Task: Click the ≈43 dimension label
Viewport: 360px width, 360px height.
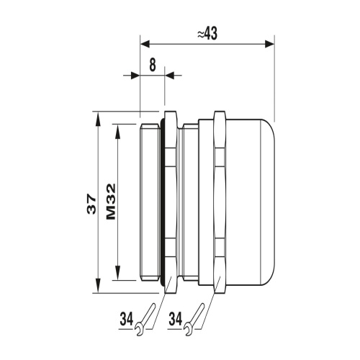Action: [207, 33]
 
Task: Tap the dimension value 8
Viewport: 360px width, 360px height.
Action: [153, 65]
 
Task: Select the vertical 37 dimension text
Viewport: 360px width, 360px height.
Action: [91, 204]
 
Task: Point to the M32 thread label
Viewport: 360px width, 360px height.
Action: [111, 202]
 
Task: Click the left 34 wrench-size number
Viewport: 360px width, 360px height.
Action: [127, 319]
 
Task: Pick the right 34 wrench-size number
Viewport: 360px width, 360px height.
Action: [176, 319]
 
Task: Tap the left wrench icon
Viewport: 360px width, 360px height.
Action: [145, 320]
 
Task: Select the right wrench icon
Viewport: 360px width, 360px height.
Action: [194, 320]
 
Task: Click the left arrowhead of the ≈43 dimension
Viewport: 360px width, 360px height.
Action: [145, 44]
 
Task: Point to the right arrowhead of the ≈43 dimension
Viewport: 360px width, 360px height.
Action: [269, 44]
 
